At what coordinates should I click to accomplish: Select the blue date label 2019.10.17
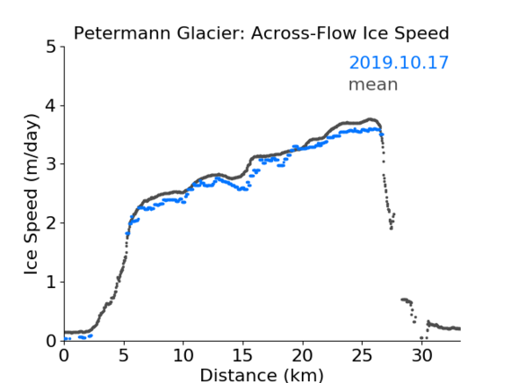399,63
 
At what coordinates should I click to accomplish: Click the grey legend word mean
374,84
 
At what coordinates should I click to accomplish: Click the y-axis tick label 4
51,106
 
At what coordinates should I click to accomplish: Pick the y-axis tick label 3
51,164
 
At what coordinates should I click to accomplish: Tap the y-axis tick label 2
51,223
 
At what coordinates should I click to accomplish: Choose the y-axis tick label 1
51,282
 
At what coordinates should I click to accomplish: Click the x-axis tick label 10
183,355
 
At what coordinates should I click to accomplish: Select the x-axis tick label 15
243,355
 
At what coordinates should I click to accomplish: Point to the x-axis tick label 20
303,355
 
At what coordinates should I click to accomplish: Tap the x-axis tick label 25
362,355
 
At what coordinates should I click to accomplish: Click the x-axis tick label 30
422,355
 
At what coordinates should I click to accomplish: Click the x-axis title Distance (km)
261,376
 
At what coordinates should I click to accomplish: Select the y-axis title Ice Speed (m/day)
31,195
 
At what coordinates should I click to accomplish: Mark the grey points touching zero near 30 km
424,338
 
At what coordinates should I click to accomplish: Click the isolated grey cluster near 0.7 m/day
408,306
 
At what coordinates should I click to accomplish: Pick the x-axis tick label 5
124,355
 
